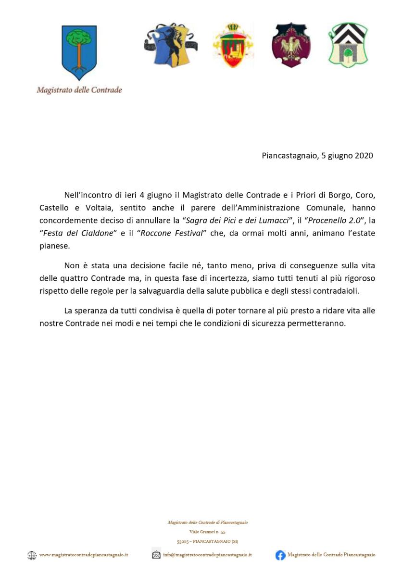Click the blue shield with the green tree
click(x=79, y=52)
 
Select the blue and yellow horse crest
click(x=170, y=45)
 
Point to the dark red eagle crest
click(x=290, y=45)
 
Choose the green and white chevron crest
click(x=348, y=45)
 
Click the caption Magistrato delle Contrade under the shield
click(x=79, y=90)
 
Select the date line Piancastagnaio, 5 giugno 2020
click(x=317, y=156)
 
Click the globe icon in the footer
click(x=32, y=555)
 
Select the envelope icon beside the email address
click(x=156, y=555)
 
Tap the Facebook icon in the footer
click(x=280, y=555)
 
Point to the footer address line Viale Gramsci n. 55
click(x=207, y=532)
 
